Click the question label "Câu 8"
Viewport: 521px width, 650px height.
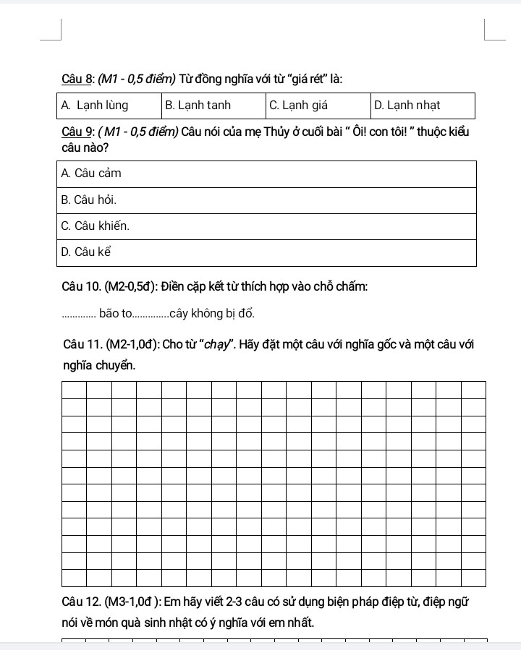pyautogui.click(x=76, y=78)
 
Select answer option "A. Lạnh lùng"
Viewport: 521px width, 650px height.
pyautogui.click(x=95, y=106)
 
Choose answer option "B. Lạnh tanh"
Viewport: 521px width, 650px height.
pyautogui.click(x=198, y=106)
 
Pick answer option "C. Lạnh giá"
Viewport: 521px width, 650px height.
pyautogui.click(x=298, y=106)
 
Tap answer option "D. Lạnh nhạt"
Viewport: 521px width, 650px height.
pyautogui.click(x=407, y=106)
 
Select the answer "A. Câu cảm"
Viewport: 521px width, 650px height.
pyautogui.click(x=91, y=174)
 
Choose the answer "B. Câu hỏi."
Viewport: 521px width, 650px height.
pyautogui.click(x=89, y=200)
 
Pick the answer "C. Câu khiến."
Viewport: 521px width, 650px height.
pyautogui.click(x=96, y=226)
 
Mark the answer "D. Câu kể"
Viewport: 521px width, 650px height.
pyautogui.click(x=86, y=252)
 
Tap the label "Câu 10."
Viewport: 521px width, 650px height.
pyautogui.click(x=82, y=287)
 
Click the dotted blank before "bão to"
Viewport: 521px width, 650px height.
pyautogui.click(x=79, y=315)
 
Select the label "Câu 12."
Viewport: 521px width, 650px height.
pyautogui.click(x=82, y=602)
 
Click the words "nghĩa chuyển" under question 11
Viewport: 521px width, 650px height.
pyautogui.click(x=98, y=366)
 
